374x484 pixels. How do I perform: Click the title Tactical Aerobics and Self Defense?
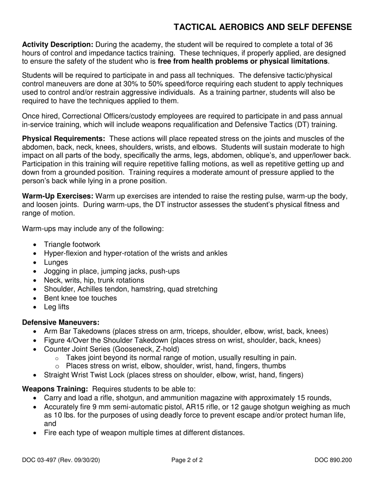coord(263,27)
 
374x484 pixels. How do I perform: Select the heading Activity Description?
coord(58,44)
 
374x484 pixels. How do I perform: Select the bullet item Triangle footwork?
coord(72,244)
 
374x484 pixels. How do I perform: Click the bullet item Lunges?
coord(56,262)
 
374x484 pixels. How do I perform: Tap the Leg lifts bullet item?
coord(56,307)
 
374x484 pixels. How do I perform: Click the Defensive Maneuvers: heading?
coord(61,322)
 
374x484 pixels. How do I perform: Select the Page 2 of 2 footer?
coord(187,460)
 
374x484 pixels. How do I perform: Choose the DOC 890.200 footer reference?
coord(333,460)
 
